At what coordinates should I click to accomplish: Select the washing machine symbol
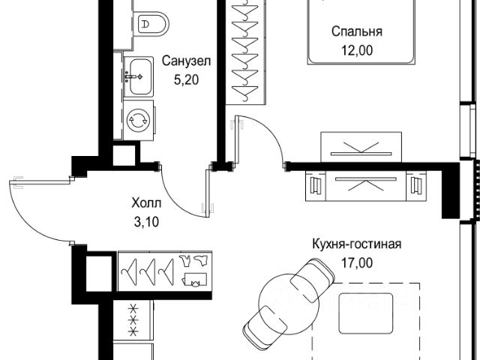pos(138,119)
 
